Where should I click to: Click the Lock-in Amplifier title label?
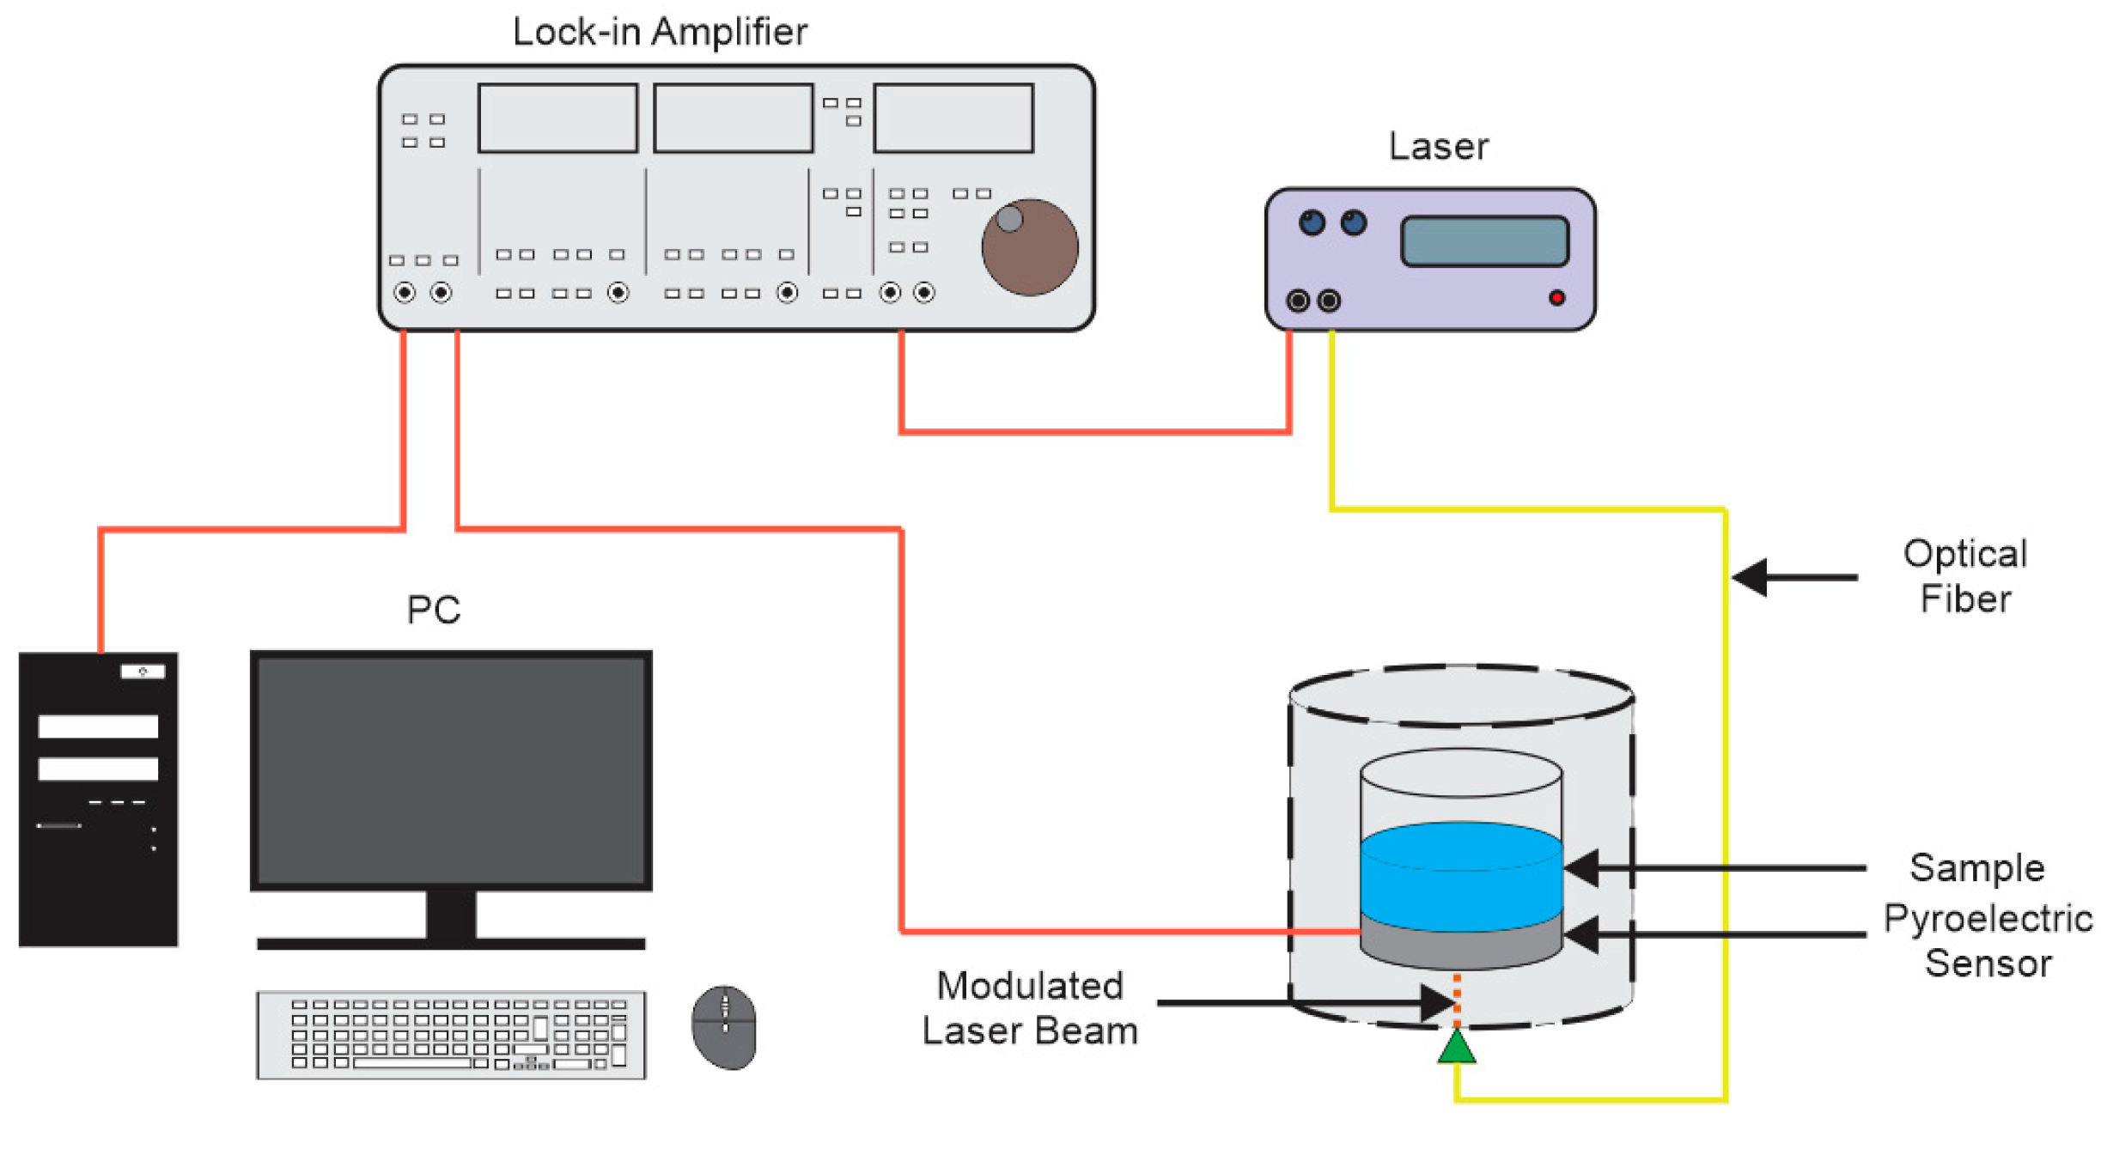[x=659, y=33]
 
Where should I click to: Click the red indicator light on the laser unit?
[x=1556, y=298]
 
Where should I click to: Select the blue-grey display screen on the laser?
[x=1483, y=241]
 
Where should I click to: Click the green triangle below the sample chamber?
[x=1456, y=1049]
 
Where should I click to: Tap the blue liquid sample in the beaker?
[x=1459, y=876]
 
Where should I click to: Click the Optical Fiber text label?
[x=1964, y=576]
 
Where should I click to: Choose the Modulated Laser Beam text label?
[x=1029, y=1008]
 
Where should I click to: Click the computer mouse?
[x=723, y=1027]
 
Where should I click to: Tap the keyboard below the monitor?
[x=450, y=1035]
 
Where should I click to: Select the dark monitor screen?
[x=450, y=770]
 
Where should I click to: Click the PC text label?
[x=433, y=611]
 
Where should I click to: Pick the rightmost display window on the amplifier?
[x=953, y=119]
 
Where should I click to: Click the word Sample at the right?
[x=1976, y=868]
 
